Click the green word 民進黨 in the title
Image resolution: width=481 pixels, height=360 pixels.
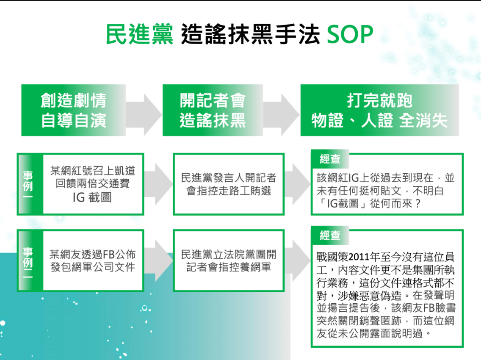click(139, 34)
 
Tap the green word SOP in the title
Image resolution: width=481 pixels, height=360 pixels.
click(350, 34)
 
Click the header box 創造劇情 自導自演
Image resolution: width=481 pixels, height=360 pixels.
click(74, 110)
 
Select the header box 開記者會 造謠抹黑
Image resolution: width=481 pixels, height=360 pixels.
click(213, 110)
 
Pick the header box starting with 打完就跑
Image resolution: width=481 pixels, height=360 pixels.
click(379, 110)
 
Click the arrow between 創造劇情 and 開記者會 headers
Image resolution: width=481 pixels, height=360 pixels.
click(144, 114)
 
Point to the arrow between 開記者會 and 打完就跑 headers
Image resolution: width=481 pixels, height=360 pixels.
click(281, 114)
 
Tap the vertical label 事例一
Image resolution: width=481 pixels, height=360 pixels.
click(28, 185)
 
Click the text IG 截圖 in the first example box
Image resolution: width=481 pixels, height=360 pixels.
click(92, 197)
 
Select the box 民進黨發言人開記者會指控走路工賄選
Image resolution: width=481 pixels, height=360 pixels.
click(229, 184)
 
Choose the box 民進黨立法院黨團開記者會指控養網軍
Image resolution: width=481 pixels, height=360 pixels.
click(229, 260)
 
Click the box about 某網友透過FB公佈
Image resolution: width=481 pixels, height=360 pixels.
click(81, 260)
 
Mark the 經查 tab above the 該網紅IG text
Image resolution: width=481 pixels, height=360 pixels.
click(330, 159)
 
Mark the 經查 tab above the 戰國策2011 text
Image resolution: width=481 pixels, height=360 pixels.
click(330, 235)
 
